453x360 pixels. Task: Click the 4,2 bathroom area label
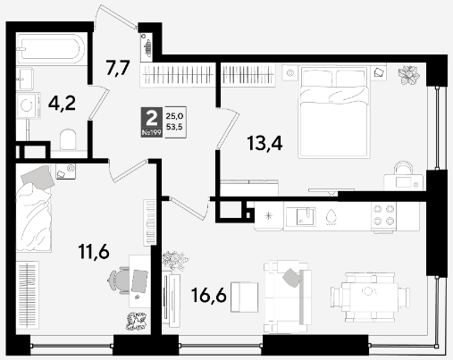[62, 104]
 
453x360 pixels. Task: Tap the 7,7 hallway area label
[118, 68]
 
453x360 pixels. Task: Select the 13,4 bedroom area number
[264, 143]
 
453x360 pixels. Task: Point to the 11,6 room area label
[94, 252]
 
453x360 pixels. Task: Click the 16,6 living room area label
[209, 296]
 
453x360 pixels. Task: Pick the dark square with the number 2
[152, 121]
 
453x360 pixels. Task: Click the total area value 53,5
[174, 127]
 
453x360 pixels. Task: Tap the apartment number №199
[152, 132]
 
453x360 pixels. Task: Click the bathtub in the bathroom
[51, 48]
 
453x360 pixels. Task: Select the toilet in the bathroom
[68, 139]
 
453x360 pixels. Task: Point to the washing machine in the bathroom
[29, 105]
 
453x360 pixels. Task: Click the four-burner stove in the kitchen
[384, 215]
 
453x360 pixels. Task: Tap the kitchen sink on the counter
[301, 216]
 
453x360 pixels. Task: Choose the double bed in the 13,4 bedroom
[334, 113]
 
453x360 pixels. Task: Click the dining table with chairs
[370, 297]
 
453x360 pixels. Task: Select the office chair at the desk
[119, 280]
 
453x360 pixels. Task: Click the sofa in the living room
[288, 297]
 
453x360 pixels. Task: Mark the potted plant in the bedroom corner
[409, 75]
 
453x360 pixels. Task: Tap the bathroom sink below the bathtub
[25, 79]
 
